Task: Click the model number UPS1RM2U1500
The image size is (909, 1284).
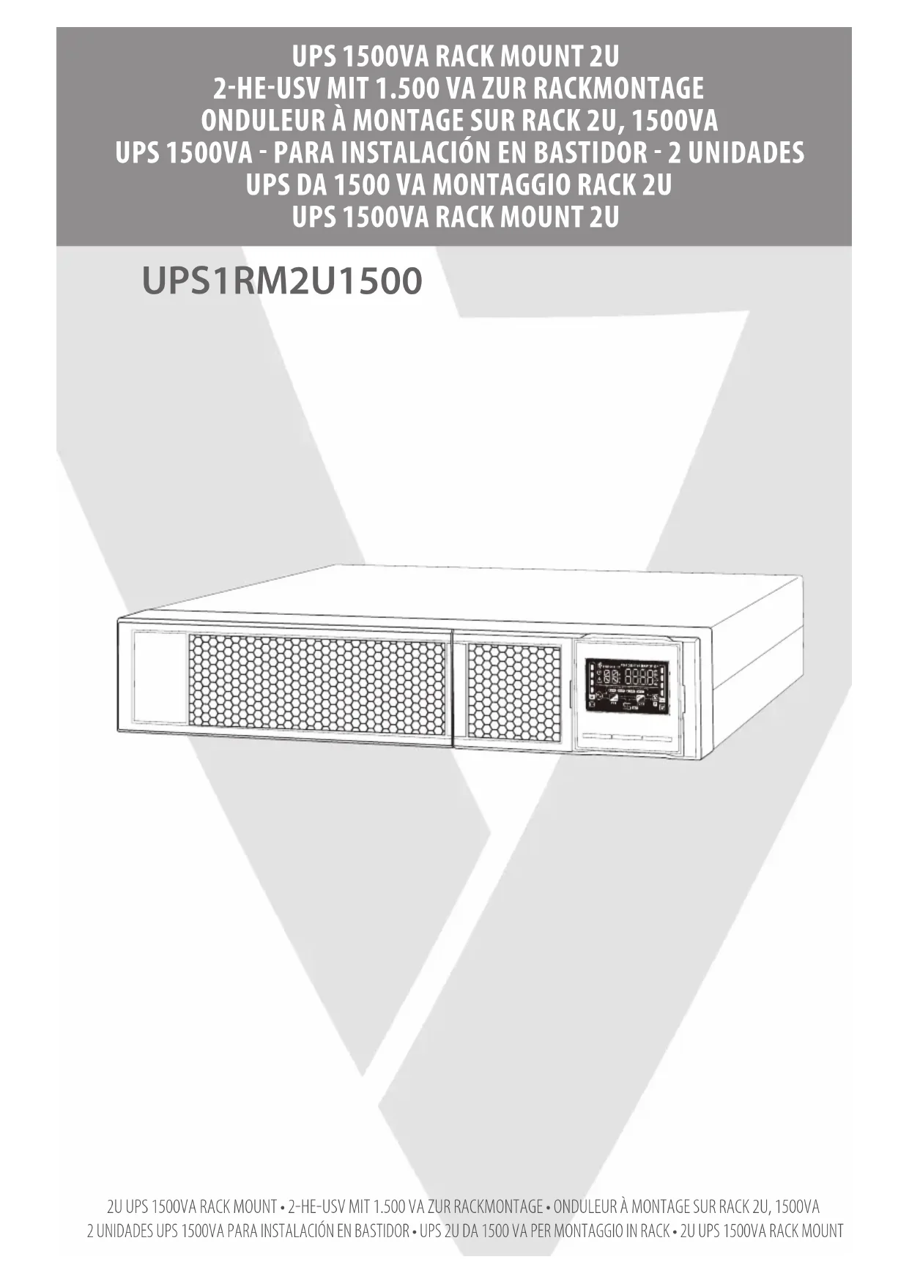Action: point(282,281)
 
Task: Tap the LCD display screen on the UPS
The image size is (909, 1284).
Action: point(626,685)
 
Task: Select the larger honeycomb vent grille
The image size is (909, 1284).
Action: point(317,686)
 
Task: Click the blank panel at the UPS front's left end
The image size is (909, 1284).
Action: point(159,677)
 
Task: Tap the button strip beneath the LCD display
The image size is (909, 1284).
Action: point(626,738)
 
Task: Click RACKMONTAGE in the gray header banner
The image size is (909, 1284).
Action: point(617,88)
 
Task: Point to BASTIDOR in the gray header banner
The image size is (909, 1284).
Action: point(589,152)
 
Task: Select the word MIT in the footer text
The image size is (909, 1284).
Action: point(360,1206)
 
